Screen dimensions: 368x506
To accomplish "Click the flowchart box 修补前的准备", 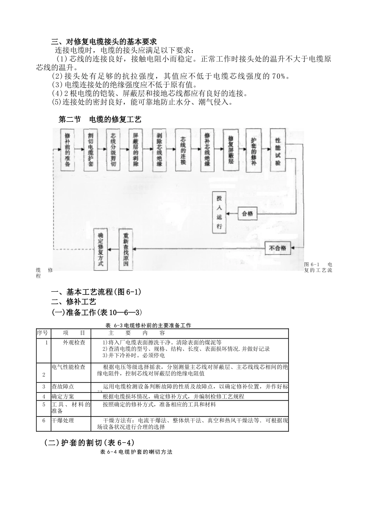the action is click(67, 150).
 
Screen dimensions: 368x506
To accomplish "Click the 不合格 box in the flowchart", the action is click(278, 248).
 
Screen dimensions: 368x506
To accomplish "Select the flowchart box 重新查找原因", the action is click(126, 250).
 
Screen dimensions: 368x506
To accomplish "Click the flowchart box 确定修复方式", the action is click(100, 250).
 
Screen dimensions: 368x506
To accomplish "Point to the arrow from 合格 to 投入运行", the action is click(232, 213).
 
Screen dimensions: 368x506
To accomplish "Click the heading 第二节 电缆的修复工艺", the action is click(100, 120).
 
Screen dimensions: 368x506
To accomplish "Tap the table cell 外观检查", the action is click(75, 342).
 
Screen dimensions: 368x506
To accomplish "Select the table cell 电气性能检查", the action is click(69, 367).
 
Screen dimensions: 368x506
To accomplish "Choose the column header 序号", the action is click(43, 333).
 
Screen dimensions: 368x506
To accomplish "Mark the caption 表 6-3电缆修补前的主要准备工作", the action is click(148, 325).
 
